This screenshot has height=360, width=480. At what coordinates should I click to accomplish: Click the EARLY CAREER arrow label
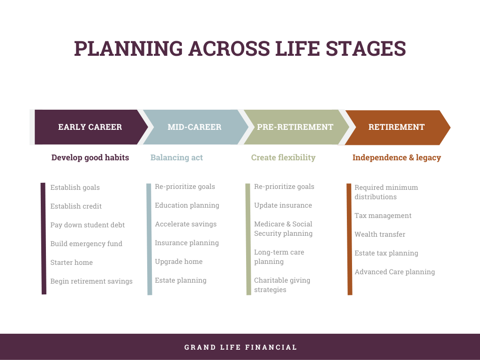coord(90,127)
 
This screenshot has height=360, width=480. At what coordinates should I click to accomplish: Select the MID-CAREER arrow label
coord(195,127)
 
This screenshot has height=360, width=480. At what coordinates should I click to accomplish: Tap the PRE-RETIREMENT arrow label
coord(295,127)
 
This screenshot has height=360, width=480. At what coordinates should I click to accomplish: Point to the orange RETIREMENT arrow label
coord(397,127)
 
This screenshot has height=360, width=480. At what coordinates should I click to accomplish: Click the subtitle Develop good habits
coord(90,157)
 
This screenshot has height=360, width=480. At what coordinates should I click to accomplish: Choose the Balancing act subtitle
coord(177,157)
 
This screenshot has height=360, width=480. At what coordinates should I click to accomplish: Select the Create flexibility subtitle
coord(283,157)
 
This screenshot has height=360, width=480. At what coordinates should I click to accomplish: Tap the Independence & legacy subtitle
coord(397,157)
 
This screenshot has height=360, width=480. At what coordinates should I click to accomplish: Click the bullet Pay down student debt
coord(88,225)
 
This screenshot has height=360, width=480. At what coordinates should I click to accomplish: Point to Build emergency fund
coord(86,244)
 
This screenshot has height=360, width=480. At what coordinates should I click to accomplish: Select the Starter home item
coord(72,262)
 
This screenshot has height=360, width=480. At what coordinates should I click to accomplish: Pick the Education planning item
coord(187,205)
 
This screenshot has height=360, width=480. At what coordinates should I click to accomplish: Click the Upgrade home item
coord(179,262)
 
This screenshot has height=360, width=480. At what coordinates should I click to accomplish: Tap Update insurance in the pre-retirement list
coord(283,205)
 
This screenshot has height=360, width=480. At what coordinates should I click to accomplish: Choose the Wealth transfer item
coord(380,234)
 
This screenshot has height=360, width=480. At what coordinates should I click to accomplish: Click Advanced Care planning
coord(395,272)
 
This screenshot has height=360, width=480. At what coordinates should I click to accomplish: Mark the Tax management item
coord(383,216)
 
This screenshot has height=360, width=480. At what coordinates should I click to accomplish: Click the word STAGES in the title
coord(366,48)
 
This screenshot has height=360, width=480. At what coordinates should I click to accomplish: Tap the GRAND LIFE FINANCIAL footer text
coord(240,347)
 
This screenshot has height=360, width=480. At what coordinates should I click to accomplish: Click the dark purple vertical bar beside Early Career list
coord(44,239)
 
